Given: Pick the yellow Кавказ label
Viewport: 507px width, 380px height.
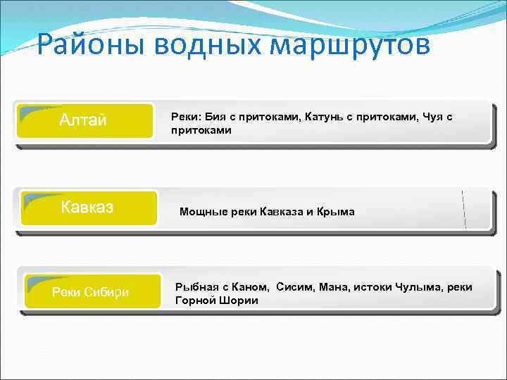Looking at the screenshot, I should tap(87, 208).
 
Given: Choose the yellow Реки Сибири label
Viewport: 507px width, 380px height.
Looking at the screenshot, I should tap(90, 293).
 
